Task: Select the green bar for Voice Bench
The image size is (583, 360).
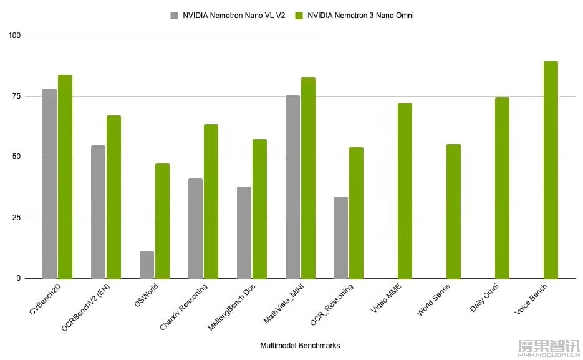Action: [x=551, y=170]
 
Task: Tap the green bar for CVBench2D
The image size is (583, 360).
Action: [x=65, y=177]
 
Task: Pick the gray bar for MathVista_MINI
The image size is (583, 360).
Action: [x=292, y=187]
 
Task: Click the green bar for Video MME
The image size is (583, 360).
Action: [x=405, y=190]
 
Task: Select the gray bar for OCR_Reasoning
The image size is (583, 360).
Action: [x=340, y=237]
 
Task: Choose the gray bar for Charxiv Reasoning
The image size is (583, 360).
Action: [x=195, y=228]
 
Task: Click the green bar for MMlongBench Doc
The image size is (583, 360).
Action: [x=259, y=208]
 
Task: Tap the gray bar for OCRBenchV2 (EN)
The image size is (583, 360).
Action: [x=98, y=212]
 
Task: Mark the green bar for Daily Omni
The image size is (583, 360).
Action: [x=502, y=188]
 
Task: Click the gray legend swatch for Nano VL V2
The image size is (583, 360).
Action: [x=174, y=16]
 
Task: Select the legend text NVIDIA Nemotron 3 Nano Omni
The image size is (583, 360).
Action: [x=360, y=16]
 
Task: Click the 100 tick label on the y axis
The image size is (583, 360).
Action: [x=14, y=36]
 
